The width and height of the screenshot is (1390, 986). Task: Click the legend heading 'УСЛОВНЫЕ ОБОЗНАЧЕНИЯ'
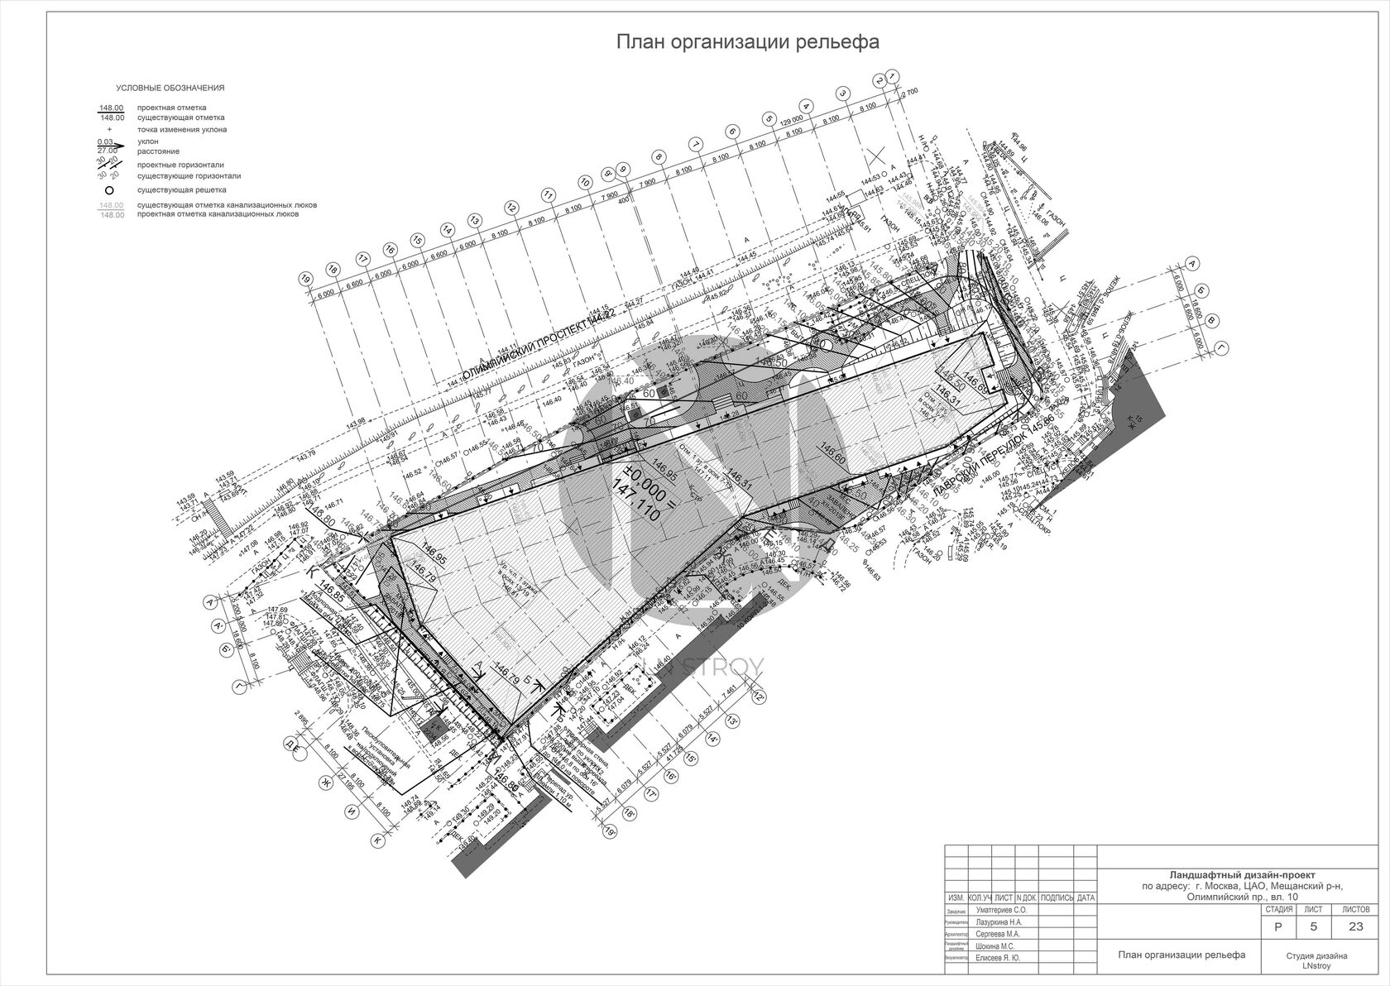pyautogui.click(x=170, y=88)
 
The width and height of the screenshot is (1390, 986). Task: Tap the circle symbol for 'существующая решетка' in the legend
pyautogui.click(x=108, y=189)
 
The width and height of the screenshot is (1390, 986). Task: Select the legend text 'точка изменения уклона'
pyautogui.click(x=182, y=130)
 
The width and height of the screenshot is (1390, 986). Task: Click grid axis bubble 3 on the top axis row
pyautogui.click(x=842, y=93)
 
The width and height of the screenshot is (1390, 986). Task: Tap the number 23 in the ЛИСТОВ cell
pyautogui.click(x=1355, y=926)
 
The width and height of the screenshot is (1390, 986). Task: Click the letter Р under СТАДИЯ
pyautogui.click(x=1279, y=926)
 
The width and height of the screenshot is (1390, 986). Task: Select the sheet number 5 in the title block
pyautogui.click(x=1317, y=926)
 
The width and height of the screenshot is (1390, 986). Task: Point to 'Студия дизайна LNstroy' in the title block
pyautogui.click(x=1316, y=960)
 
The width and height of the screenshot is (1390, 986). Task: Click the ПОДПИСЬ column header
pyautogui.click(x=1057, y=897)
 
